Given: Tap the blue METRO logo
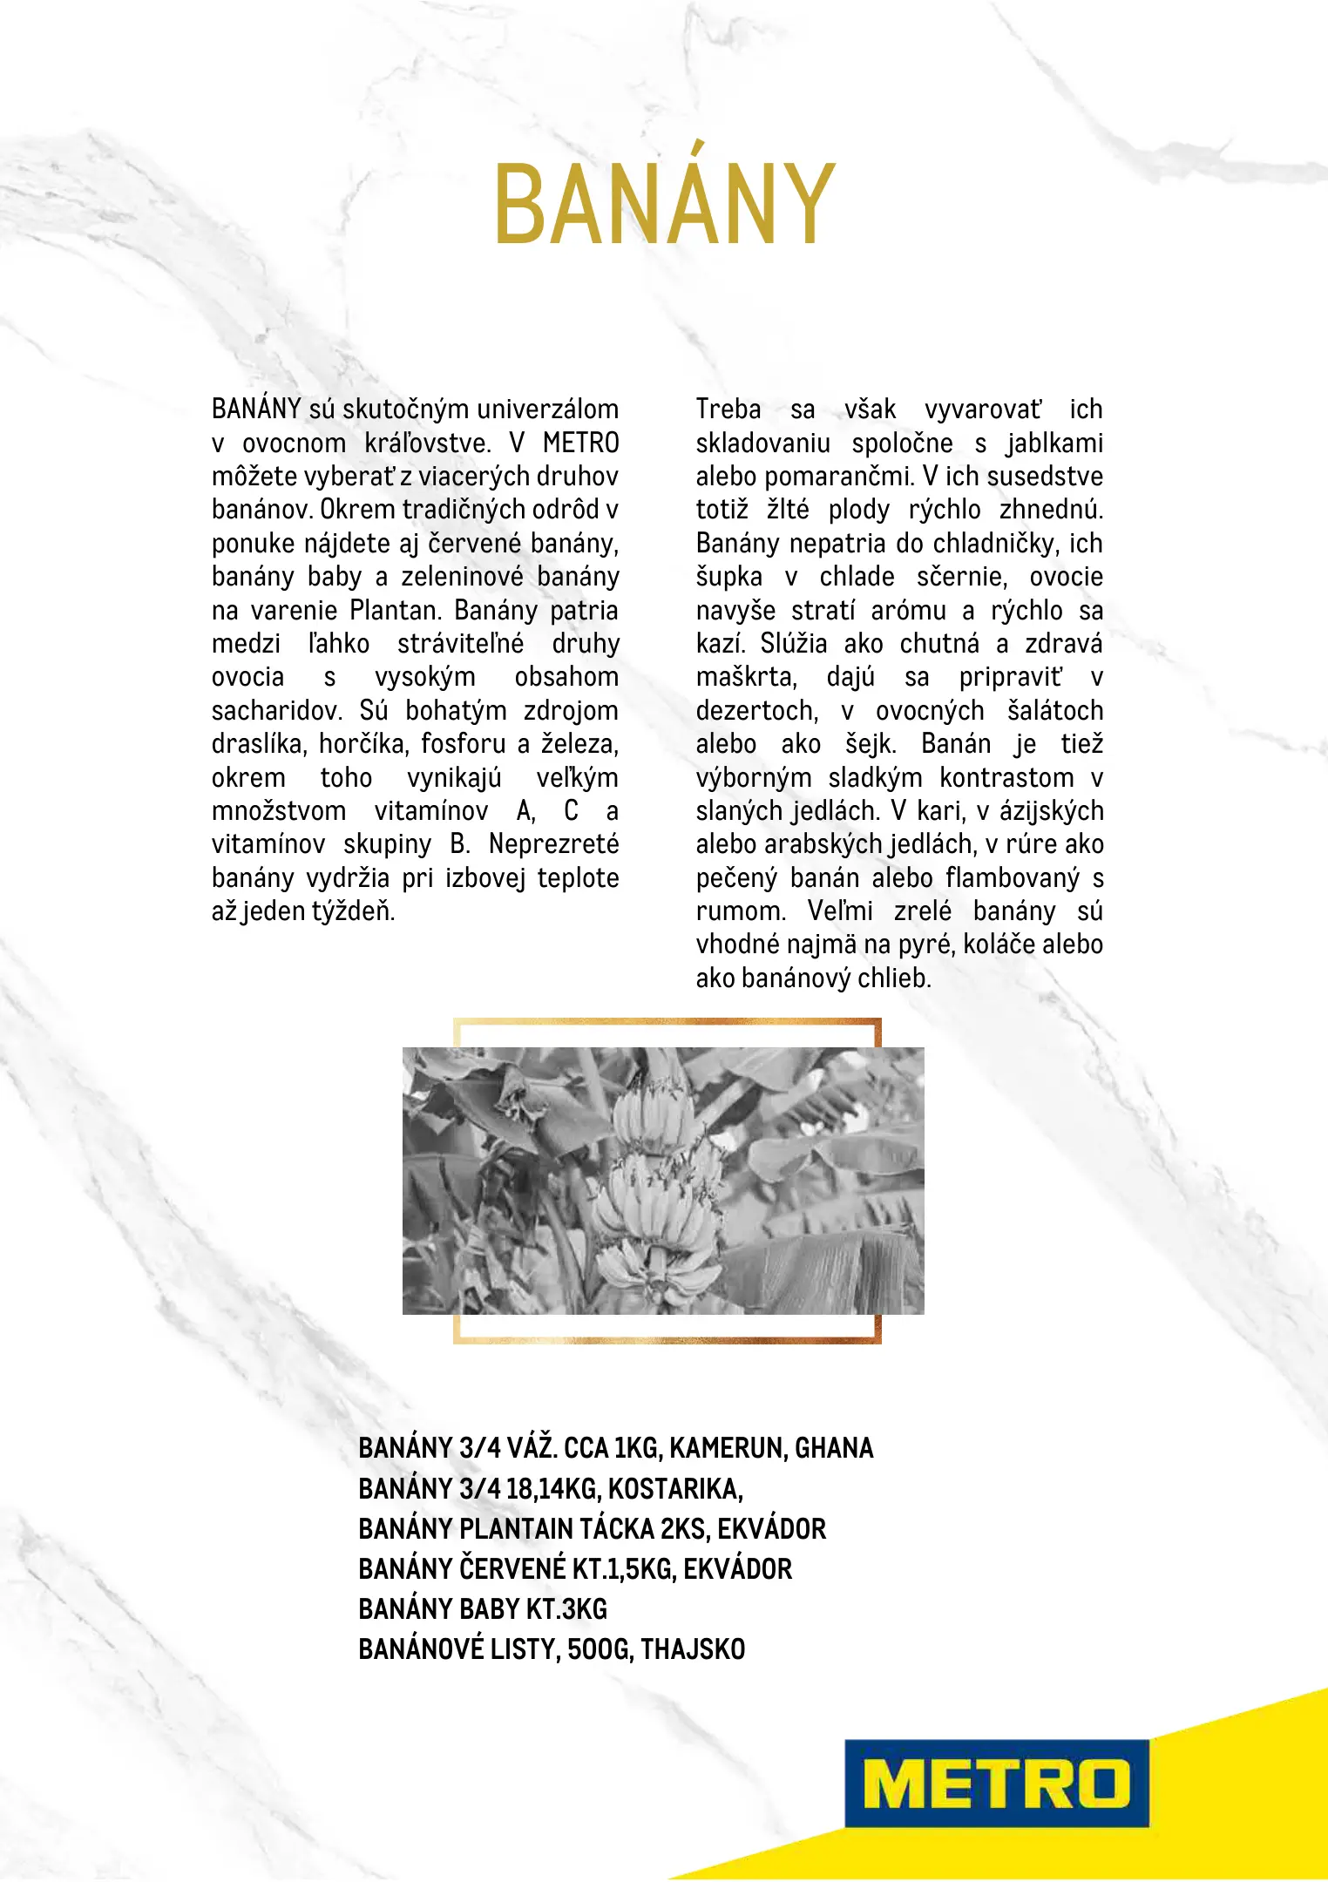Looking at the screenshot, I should [x=996, y=1783].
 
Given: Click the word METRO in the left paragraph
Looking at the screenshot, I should [x=580, y=443].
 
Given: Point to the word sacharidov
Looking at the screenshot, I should [x=276, y=710].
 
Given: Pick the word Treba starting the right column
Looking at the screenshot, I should [x=728, y=409].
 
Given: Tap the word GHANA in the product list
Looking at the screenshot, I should [x=834, y=1448].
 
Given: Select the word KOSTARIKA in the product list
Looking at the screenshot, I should [x=674, y=1488].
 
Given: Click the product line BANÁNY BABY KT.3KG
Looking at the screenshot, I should [x=483, y=1608].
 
